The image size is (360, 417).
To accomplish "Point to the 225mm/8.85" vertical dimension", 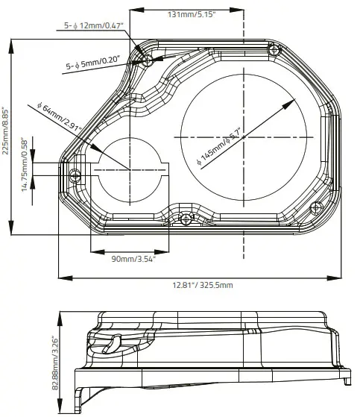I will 7,129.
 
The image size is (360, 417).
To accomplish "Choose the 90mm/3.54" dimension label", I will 133,258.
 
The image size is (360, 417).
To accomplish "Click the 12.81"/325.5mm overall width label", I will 203,285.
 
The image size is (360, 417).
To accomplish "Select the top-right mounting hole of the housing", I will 276,50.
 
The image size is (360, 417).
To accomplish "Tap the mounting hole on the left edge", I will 75,176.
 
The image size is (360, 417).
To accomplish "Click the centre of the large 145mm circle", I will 241,137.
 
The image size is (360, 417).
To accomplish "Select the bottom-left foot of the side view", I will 80,404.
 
